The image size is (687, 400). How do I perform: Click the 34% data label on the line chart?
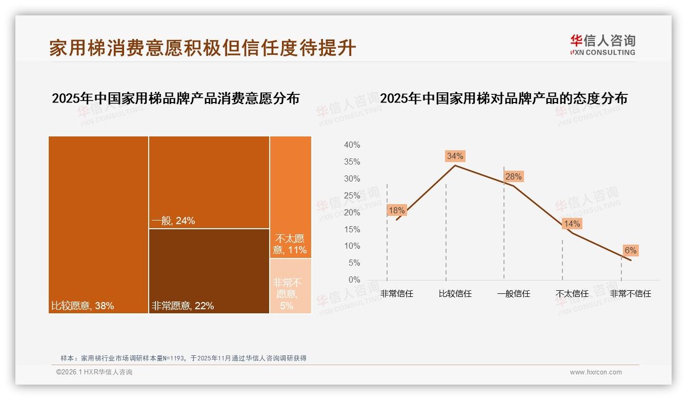click(x=455, y=156)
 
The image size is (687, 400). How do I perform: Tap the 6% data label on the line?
click(x=630, y=250)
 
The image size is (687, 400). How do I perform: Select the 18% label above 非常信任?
click(x=397, y=210)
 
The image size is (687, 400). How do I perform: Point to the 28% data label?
click(x=513, y=176)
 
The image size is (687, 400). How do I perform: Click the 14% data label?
click(x=572, y=224)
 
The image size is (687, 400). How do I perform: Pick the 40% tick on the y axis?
click(x=352, y=145)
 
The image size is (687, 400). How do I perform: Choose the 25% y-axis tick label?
click(x=352, y=195)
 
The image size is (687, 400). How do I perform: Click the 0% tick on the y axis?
click(x=354, y=280)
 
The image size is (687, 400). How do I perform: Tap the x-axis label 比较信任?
click(x=455, y=294)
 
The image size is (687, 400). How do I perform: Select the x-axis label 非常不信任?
click(x=630, y=294)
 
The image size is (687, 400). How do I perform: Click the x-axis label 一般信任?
click(x=513, y=294)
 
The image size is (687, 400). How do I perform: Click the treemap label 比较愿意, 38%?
click(x=83, y=306)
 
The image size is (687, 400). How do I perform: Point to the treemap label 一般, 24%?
click(x=173, y=221)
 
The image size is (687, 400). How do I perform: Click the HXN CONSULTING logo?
click(x=602, y=45)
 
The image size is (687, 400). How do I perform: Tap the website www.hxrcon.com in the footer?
click(x=596, y=372)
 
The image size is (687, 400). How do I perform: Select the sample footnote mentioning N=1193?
click(x=183, y=358)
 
